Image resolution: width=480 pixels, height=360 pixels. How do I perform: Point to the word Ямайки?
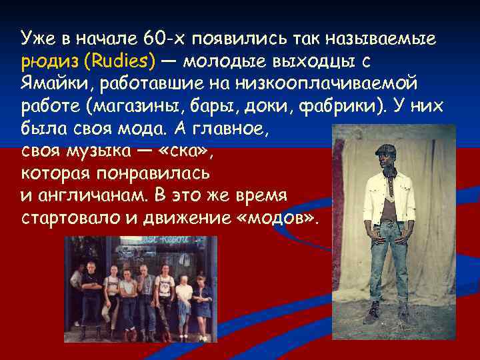pos(48,84)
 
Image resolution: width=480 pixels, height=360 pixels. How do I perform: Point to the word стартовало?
pos(63,219)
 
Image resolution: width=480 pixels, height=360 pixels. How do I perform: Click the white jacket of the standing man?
pos(389,197)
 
